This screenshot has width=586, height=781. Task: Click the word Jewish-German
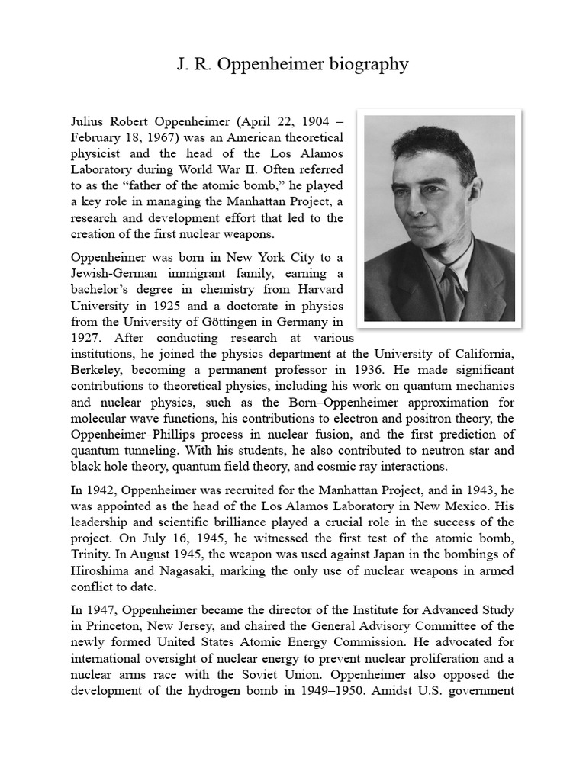click(113, 273)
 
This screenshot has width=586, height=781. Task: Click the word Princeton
click(101, 627)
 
